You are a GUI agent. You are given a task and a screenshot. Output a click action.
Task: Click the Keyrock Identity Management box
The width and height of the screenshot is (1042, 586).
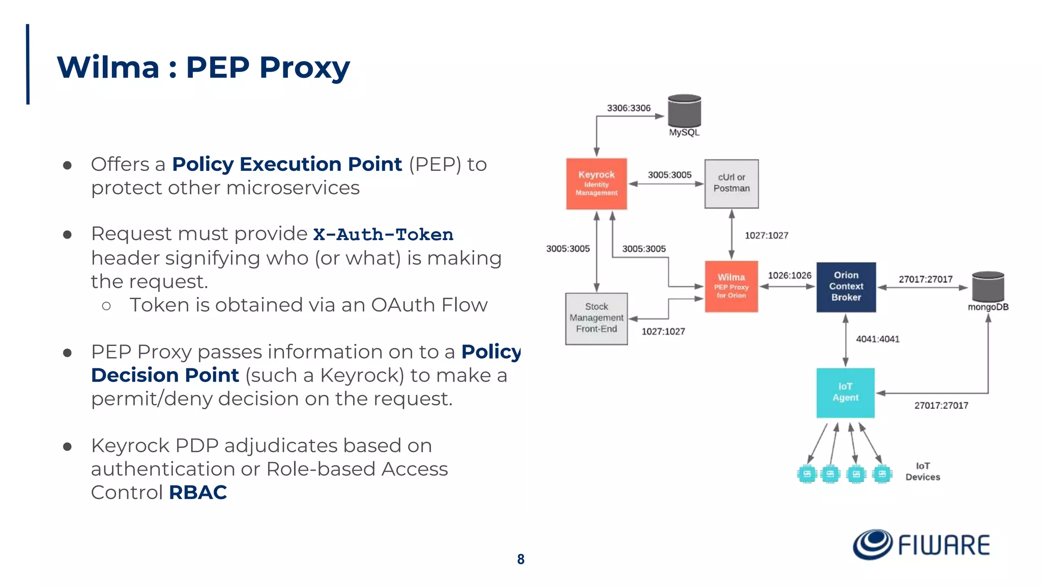coord(596,184)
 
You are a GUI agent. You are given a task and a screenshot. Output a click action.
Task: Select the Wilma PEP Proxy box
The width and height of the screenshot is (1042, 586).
coord(731,286)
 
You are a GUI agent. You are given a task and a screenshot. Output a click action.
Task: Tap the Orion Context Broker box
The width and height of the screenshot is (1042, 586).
coord(846,287)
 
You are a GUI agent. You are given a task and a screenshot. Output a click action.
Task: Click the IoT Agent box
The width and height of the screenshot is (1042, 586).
coord(845,393)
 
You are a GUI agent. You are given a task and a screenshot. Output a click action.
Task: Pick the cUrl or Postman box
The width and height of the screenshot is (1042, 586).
coord(731,184)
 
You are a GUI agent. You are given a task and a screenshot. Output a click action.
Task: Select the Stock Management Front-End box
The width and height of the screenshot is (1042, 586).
coord(596,318)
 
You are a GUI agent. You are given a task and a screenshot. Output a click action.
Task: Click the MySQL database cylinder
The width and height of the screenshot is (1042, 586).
coord(684,111)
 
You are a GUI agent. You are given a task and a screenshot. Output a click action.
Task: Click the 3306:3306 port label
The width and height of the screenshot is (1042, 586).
coord(628,108)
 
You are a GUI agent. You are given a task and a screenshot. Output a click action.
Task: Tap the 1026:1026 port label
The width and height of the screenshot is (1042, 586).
coord(789,275)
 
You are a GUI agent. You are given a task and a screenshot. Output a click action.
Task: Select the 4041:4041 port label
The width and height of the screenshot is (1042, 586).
coord(877,339)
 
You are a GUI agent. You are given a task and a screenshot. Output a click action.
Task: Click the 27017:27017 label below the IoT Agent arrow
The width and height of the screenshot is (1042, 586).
coord(941,405)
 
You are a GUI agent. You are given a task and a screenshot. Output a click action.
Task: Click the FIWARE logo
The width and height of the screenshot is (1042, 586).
coord(921,545)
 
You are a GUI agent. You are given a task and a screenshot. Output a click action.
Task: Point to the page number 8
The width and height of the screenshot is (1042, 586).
coord(520,559)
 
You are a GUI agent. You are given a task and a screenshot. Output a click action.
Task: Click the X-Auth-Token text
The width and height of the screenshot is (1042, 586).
coord(383,235)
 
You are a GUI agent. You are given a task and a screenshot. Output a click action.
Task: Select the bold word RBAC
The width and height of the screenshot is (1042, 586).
coord(197,492)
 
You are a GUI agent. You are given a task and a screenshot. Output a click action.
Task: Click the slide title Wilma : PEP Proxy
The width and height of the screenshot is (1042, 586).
coord(204,67)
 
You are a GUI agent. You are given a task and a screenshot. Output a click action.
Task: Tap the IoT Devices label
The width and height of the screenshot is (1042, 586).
coord(922,472)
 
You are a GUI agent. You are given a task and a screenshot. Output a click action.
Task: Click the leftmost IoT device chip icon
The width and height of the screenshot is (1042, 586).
coord(806,474)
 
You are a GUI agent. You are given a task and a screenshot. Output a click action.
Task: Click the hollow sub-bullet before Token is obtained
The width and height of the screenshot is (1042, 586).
coord(106,306)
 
